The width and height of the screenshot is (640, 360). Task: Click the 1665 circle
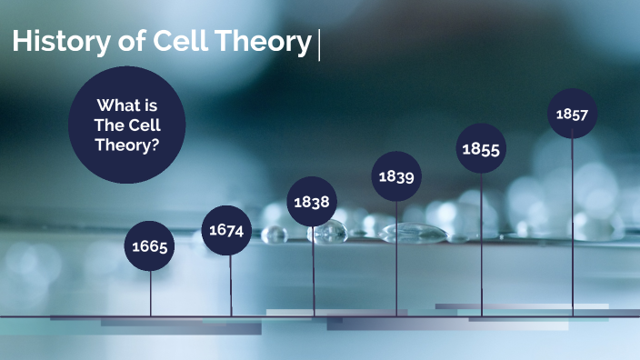point(151,245)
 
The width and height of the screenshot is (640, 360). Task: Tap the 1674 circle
point(227,230)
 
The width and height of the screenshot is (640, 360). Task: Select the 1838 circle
point(313,202)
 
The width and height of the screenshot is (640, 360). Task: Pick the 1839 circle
point(396,176)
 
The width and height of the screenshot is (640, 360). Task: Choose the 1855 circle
point(481,148)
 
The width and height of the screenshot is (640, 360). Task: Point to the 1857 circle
point(572,114)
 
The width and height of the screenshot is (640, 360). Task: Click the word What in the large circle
point(115,107)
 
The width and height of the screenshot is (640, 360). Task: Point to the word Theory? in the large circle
point(127,144)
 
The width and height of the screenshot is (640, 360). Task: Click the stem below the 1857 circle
point(572,227)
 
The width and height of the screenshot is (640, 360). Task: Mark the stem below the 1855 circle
point(481,245)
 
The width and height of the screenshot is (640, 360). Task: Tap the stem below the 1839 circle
point(396,259)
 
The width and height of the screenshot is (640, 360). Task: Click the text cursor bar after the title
point(319,43)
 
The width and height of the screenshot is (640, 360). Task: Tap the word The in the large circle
point(108,125)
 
